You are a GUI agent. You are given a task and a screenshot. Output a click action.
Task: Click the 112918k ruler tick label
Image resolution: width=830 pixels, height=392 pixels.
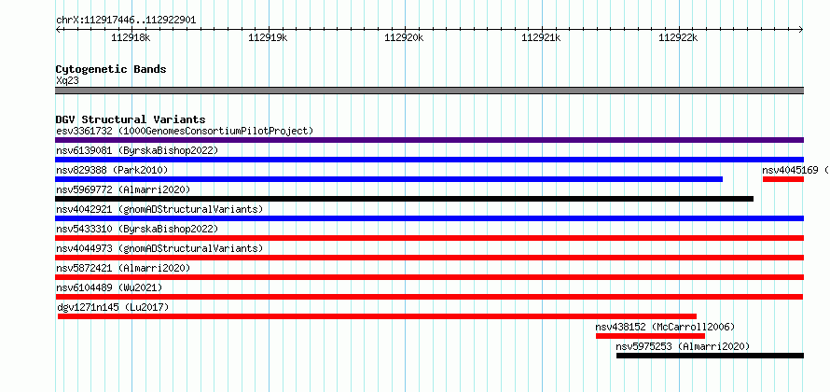click(x=131, y=37)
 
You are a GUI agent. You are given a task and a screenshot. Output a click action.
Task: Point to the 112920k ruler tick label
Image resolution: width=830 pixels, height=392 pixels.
click(x=405, y=37)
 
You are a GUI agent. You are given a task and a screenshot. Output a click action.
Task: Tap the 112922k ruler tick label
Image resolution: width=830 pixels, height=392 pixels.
click(x=678, y=37)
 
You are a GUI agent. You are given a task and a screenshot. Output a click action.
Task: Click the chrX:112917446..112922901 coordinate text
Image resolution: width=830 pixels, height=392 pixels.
click(x=126, y=21)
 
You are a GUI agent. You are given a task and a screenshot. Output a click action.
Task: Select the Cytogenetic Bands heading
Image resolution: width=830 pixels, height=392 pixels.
click(x=111, y=69)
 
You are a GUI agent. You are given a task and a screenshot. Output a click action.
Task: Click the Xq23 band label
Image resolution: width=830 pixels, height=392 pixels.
click(x=67, y=81)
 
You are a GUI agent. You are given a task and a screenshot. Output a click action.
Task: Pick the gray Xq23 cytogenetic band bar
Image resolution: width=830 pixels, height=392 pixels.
click(x=429, y=91)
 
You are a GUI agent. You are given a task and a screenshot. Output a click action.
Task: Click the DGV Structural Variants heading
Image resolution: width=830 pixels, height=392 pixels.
click(x=131, y=119)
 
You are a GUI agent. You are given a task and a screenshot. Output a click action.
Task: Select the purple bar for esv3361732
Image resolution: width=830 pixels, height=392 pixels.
click(x=429, y=140)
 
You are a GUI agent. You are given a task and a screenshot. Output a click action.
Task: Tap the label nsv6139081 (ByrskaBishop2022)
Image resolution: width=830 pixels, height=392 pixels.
click(x=137, y=150)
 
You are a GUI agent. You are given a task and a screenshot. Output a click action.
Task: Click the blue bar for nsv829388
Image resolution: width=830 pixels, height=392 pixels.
click(x=389, y=179)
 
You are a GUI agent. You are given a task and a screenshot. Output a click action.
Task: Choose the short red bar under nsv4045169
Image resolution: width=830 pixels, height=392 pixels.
click(x=783, y=179)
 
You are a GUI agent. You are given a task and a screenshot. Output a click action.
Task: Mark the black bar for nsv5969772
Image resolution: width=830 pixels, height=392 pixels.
click(x=404, y=199)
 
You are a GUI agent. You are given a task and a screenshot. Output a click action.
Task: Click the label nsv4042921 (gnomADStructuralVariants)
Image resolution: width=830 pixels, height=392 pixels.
click(x=159, y=209)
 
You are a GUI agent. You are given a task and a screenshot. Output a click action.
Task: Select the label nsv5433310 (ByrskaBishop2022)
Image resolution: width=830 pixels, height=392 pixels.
click(x=137, y=229)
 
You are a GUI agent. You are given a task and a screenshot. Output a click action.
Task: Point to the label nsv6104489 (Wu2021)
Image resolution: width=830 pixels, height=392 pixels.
click(x=109, y=287)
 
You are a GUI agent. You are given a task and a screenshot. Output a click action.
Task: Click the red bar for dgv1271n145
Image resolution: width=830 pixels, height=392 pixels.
click(x=377, y=316)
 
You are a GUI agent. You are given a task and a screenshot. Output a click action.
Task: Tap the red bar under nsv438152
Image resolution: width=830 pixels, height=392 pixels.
click(x=650, y=336)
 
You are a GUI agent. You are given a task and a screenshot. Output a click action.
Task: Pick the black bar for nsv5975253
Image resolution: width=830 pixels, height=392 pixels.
click(x=710, y=356)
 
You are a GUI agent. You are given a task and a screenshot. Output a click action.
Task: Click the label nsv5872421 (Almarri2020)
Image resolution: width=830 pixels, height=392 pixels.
click(x=123, y=268)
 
